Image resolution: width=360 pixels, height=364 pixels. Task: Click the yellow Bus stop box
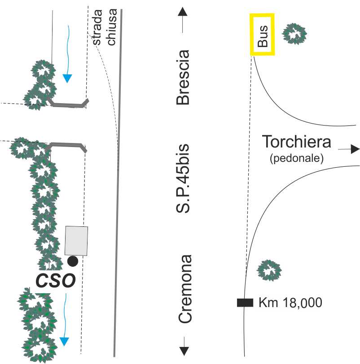[x=262, y=35]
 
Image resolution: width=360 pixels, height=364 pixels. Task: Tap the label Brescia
[x=183, y=78]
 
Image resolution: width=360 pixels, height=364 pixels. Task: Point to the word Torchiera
[x=297, y=142]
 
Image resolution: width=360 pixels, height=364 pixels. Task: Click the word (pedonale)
[x=297, y=158]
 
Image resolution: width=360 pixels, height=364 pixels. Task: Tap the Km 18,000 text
[x=290, y=303]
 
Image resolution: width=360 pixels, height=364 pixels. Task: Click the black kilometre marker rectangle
[x=245, y=303]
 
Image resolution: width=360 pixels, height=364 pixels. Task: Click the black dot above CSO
[x=73, y=261]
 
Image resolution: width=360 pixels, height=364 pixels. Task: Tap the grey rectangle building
[x=76, y=241]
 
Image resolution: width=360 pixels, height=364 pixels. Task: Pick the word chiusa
[x=112, y=28]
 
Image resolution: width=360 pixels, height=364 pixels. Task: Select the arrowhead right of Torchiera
[x=355, y=149]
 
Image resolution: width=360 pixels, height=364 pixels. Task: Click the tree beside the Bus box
[x=294, y=34]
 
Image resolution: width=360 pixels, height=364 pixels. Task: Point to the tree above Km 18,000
[x=269, y=270]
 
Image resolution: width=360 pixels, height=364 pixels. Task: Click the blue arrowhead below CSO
[x=66, y=342]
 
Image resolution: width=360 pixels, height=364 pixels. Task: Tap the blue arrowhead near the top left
[x=67, y=78]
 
